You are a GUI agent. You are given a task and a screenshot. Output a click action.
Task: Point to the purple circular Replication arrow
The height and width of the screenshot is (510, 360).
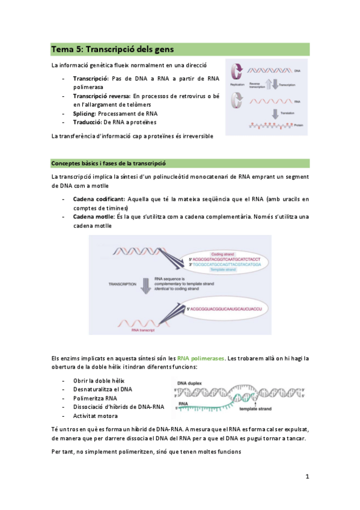(237, 72)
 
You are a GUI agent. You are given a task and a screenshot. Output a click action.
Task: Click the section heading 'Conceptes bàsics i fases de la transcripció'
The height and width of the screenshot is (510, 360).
(108, 164)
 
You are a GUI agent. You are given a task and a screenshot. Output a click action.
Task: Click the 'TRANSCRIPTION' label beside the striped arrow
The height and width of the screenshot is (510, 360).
(122, 283)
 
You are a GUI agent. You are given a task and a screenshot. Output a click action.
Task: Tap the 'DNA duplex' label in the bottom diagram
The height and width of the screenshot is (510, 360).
(185, 382)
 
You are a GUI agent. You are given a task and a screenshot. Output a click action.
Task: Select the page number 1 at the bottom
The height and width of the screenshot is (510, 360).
(307, 477)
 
